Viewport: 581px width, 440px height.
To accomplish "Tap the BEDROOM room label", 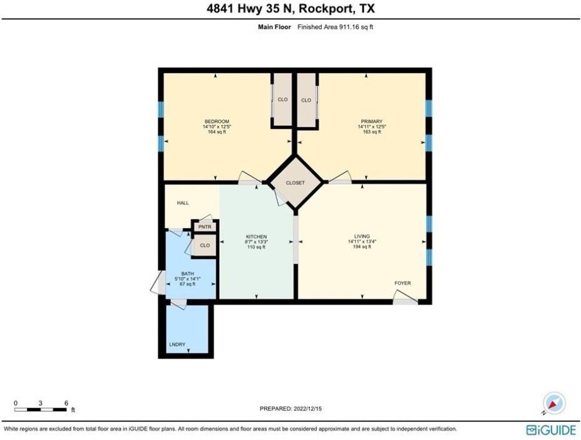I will [217, 122].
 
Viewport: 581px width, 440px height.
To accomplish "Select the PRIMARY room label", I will [371, 122].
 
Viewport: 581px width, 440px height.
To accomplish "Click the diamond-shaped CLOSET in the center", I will [295, 182].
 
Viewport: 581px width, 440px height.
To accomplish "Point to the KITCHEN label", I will [256, 237].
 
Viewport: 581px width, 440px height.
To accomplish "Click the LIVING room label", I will [362, 236].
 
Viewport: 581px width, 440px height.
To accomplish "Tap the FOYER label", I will [403, 283].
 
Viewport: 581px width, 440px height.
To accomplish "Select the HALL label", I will [183, 203].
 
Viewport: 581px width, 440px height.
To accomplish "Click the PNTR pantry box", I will [205, 227].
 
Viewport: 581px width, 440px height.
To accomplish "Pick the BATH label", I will [188, 274].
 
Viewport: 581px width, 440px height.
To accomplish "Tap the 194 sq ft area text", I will [362, 247].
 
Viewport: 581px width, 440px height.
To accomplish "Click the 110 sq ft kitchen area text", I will [256, 248].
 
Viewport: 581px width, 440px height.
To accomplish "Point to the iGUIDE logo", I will [550, 429].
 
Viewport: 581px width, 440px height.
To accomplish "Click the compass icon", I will [554, 402].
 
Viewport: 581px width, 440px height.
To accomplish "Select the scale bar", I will [41, 409].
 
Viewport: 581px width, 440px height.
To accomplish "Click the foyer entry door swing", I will [405, 301].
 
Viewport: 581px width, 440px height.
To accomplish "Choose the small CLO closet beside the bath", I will [205, 246].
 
